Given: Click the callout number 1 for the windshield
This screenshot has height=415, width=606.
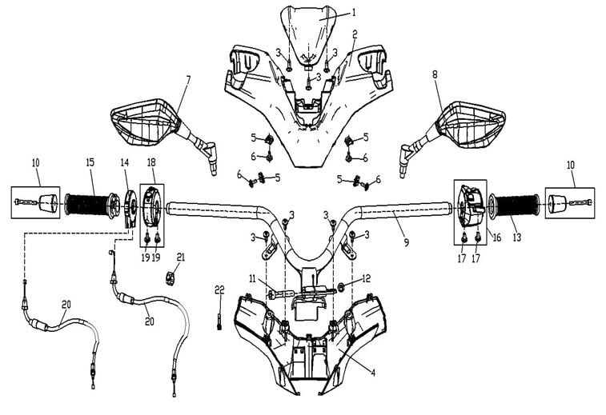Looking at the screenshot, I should pos(353,12).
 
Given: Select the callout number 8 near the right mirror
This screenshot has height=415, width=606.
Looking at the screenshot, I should pos(435,74).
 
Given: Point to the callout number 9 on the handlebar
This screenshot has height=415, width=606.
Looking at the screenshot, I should pos(406,241).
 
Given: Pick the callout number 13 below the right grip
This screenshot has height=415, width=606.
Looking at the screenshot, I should pos(516,237).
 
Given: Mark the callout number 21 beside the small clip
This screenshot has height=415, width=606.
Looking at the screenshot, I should pos(181,257).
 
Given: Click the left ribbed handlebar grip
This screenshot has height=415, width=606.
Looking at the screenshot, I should pos(90,205).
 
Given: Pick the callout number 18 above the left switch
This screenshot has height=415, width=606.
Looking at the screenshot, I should pos(151,162).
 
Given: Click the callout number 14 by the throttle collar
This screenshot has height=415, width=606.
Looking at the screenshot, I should pos(124,162).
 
